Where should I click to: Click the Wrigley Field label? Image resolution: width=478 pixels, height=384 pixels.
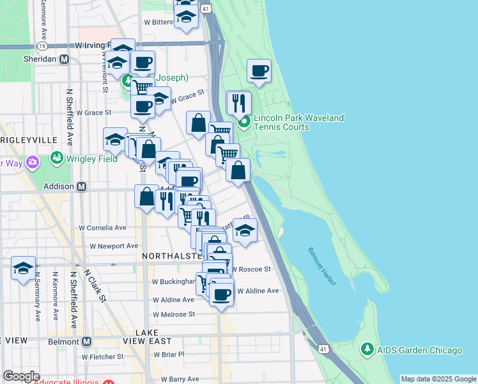pyautogui.click(x=91, y=159)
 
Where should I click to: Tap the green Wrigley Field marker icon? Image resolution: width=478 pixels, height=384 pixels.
pyautogui.click(x=57, y=157)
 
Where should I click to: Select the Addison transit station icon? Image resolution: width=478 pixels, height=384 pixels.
pyautogui.click(x=82, y=187)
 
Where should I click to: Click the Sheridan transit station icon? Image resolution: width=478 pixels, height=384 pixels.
pyautogui.click(x=64, y=59)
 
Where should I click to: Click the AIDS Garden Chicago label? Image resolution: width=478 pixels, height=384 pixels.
pyautogui.click(x=419, y=350)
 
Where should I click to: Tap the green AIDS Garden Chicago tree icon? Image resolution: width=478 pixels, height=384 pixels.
pyautogui.click(x=367, y=349)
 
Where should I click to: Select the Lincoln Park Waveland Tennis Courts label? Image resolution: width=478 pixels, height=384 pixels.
pyautogui.click(x=298, y=122)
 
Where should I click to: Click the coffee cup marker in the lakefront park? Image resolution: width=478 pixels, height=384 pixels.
pyautogui.click(x=259, y=72)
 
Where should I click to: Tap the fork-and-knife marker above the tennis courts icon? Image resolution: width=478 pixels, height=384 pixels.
pyautogui.click(x=239, y=102)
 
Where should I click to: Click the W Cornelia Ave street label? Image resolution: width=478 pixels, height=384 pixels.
pyautogui.click(x=103, y=227)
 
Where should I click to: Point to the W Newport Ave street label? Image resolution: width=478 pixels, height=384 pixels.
pyautogui.click(x=114, y=246)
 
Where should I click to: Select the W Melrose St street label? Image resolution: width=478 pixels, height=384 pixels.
pyautogui.click(x=173, y=314)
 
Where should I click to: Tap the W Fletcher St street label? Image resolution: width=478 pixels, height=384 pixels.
pyautogui.click(x=103, y=356)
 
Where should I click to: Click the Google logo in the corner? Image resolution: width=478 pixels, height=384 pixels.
pyautogui.click(x=21, y=376)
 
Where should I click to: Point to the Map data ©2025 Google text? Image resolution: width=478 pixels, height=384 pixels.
pyautogui.click(x=438, y=379)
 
